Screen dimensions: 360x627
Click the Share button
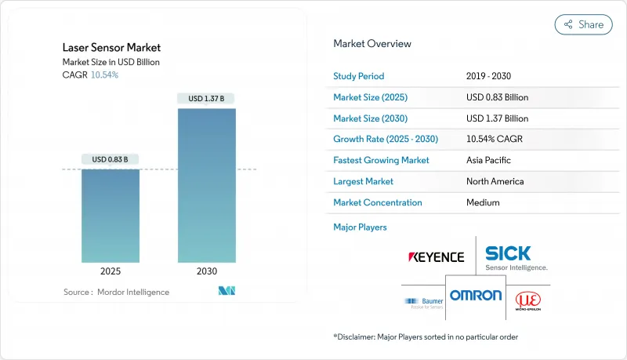point(583,24)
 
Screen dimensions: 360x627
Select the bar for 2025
point(111,216)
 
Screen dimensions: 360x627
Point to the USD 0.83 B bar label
point(111,160)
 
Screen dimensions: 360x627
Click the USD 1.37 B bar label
point(206,99)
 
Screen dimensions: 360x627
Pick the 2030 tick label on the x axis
point(206,271)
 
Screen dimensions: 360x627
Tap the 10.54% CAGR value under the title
point(104,75)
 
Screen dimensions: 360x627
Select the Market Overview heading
point(372,43)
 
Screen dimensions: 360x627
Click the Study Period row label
point(359,76)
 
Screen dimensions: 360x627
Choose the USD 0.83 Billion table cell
point(497,97)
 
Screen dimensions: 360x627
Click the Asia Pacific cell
point(487,160)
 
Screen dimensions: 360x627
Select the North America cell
point(495,181)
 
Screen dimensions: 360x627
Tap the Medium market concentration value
point(483,202)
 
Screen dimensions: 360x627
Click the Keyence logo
point(437,256)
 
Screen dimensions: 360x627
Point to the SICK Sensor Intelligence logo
point(516,257)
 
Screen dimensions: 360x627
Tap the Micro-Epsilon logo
point(527,301)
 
